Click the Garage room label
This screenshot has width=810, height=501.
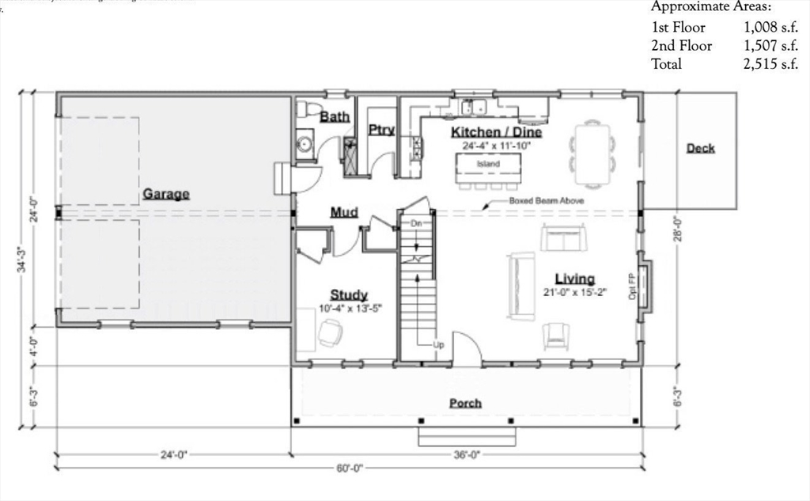point(165,194)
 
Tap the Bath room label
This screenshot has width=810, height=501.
point(335,117)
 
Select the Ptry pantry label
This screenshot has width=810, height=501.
point(381,130)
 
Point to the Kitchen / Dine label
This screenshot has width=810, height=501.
point(497,132)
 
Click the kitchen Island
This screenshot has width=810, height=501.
point(488,165)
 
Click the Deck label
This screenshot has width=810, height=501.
point(700,148)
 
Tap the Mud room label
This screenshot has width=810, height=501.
point(344,212)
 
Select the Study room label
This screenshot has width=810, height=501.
point(348,295)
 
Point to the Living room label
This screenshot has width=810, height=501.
point(574,279)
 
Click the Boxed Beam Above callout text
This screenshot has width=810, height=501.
point(546,202)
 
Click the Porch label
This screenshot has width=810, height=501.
point(465,403)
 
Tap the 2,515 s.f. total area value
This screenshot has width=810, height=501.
point(770,65)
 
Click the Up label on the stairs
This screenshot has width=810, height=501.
point(437,345)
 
